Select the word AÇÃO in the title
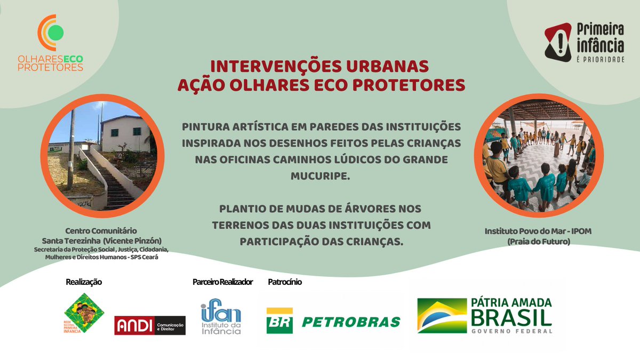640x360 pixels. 198,85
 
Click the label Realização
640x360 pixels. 84,282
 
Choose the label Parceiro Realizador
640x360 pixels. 222,282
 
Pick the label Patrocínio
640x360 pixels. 285,282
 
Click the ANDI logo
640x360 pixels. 150,325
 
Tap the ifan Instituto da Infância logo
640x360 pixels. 221,318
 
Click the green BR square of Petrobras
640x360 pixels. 280,321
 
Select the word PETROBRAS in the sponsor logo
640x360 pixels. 351,322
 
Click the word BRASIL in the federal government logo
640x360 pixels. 511,318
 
